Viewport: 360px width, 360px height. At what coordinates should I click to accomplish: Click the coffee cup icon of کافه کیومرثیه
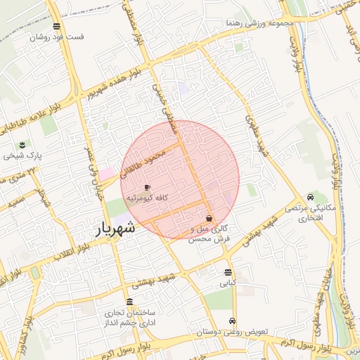tap(146, 188)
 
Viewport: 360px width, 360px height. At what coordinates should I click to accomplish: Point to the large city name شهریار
tap(115, 229)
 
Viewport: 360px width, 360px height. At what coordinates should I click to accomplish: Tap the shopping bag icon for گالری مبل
tap(210, 219)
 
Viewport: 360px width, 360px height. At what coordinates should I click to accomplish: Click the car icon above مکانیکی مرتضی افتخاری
tap(310, 198)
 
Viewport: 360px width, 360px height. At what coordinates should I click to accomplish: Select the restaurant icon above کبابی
tap(228, 272)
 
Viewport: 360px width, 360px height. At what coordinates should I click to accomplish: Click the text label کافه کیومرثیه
tap(146, 199)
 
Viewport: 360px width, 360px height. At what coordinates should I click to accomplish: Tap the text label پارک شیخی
tap(29, 153)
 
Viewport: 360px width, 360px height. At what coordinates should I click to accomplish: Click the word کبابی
tap(228, 283)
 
